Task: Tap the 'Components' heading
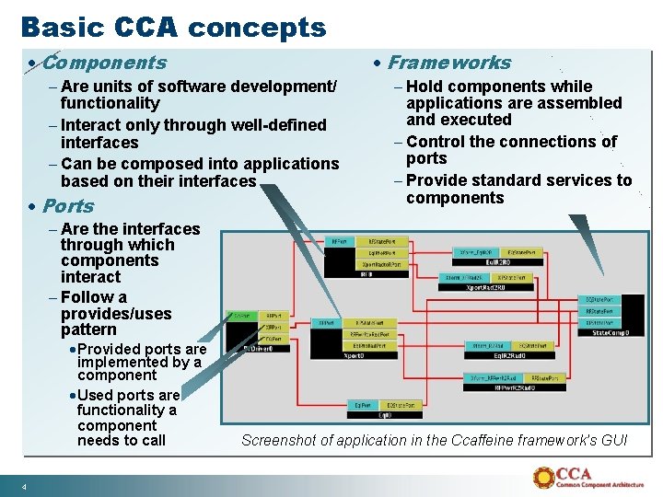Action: coord(104,63)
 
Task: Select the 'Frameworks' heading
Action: coord(448,63)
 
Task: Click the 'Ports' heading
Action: coord(68,205)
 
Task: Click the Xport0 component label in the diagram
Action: coord(355,354)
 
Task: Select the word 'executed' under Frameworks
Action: coord(477,120)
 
